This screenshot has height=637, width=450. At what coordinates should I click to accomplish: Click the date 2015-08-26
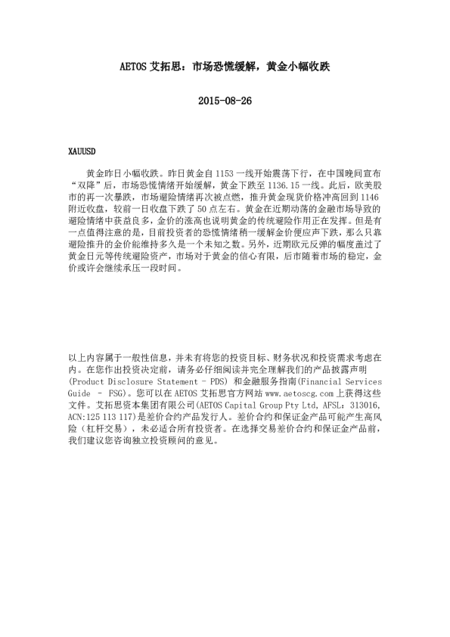(x=224, y=100)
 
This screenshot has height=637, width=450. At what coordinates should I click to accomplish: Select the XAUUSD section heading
(x=81, y=151)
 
